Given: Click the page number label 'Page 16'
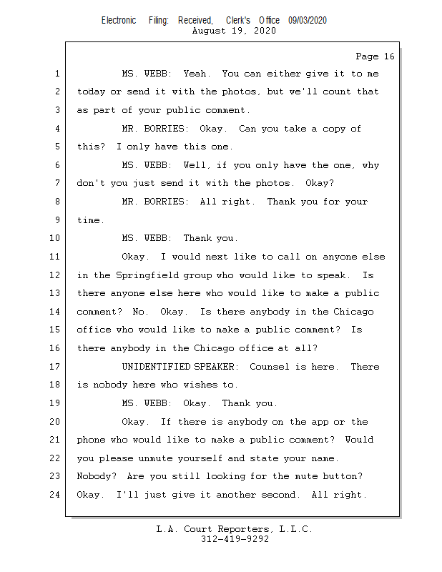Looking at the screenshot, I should click(x=375, y=56).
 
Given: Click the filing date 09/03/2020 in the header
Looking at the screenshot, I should click(x=308, y=21).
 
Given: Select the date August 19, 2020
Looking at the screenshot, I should click(x=235, y=31).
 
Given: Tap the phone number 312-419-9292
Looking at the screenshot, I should click(x=235, y=539).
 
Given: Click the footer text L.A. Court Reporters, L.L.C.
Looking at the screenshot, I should click(x=235, y=529).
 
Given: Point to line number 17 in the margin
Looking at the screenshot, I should click(x=56, y=367).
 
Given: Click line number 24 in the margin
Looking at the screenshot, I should click(x=56, y=495).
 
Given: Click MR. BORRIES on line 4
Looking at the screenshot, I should click(x=155, y=129).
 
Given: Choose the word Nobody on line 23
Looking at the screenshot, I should click(x=97, y=476).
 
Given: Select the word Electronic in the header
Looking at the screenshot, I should click(x=119, y=21).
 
